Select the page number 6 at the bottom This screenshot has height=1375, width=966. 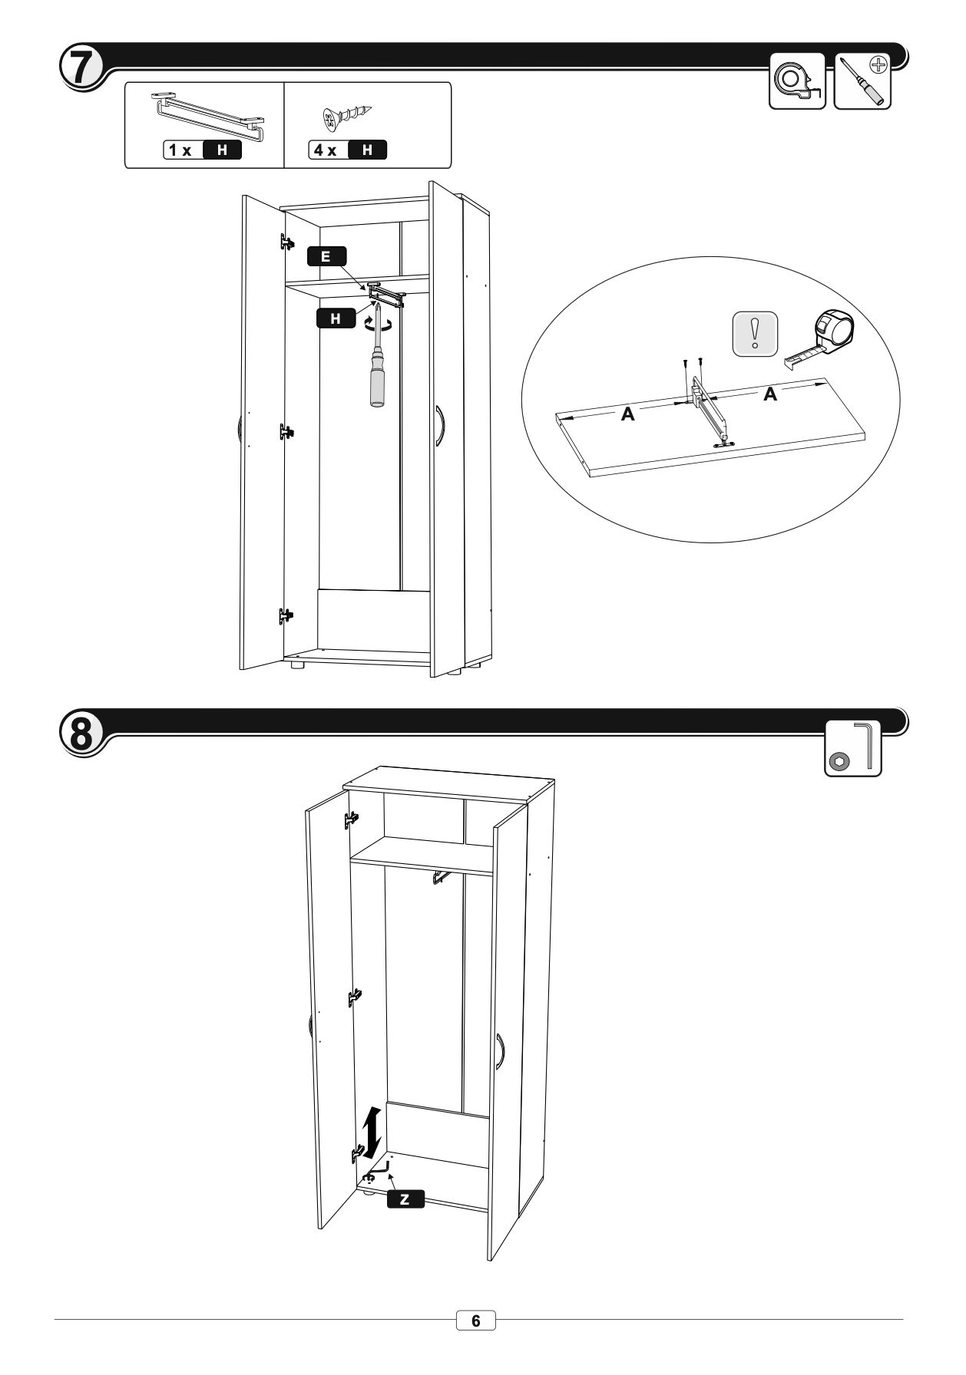pyautogui.click(x=476, y=1321)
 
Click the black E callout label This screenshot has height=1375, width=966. pyautogui.click(x=326, y=256)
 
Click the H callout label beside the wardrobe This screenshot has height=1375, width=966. pyautogui.click(x=336, y=318)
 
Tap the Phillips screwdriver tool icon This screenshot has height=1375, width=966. pyautogui.click(x=862, y=81)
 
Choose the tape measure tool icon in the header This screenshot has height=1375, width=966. pyautogui.click(x=797, y=81)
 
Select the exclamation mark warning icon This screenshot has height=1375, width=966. pyautogui.click(x=756, y=334)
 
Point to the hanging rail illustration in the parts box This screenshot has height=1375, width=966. pyautogui.click(x=207, y=116)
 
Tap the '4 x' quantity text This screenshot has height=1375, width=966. pyautogui.click(x=327, y=150)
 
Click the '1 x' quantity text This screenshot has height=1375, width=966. pyautogui.click(x=181, y=150)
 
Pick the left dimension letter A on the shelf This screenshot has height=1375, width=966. pyautogui.click(x=627, y=414)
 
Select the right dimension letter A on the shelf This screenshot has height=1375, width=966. pyautogui.click(x=769, y=394)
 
